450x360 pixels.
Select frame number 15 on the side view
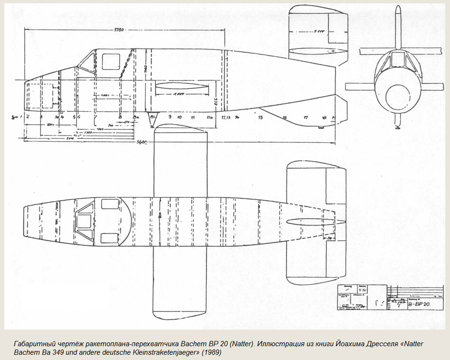pyautogui.click(x=260, y=117)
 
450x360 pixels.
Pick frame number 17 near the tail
pyautogui.click(x=306, y=117)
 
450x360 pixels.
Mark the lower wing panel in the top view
pyautogui.click(x=179, y=281)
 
